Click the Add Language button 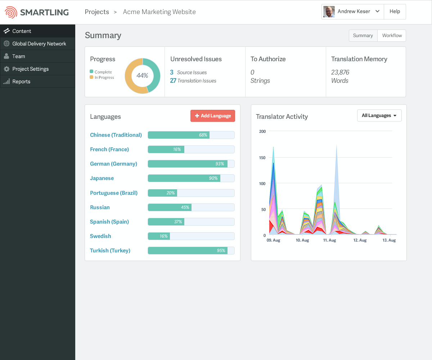pyautogui.click(x=213, y=116)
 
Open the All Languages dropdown pyautogui.click(x=379, y=116)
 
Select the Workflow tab pyautogui.click(x=392, y=36)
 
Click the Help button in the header pyautogui.click(x=395, y=12)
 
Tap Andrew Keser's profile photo pyautogui.click(x=329, y=12)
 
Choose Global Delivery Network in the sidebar pyautogui.click(x=39, y=44)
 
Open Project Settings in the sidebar pyautogui.click(x=30, y=69)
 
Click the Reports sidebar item pyautogui.click(x=21, y=81)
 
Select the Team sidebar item pyautogui.click(x=18, y=56)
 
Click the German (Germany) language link pyautogui.click(x=113, y=164)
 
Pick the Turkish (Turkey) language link pyautogui.click(x=110, y=251)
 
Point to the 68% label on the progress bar pyautogui.click(x=203, y=135)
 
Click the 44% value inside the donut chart pyautogui.click(x=142, y=76)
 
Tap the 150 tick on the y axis pyautogui.click(x=262, y=158)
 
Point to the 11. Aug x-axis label pyautogui.click(x=329, y=240)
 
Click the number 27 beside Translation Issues pyautogui.click(x=173, y=81)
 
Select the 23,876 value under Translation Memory pyautogui.click(x=340, y=72)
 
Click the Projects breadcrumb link pyautogui.click(x=97, y=12)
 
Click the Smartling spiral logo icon pyautogui.click(x=11, y=12)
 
